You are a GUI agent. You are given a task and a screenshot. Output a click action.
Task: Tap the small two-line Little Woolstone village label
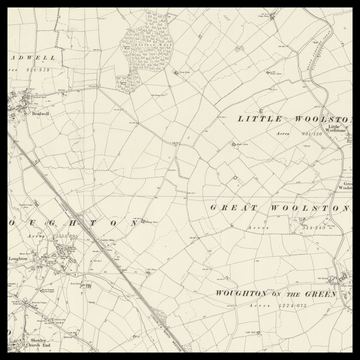point(338,129)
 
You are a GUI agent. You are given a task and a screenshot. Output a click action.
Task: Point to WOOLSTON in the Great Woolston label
point(304,207)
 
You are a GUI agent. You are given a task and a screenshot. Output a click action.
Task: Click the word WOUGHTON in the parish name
point(240,294)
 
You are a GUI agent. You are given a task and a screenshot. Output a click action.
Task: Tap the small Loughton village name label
point(16,257)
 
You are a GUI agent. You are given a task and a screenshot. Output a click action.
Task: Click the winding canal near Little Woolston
point(322,85)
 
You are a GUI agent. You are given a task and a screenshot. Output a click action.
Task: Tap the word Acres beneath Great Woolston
point(259,228)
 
